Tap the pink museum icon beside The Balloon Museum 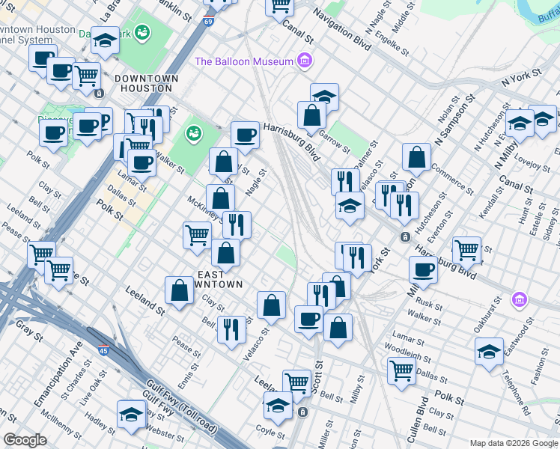(x=304, y=61)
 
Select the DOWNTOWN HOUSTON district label (x=147, y=83)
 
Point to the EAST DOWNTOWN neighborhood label (x=219, y=279)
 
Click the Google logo (x=25, y=440)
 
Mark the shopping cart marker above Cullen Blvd (x=402, y=370)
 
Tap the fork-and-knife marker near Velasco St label (x=231, y=329)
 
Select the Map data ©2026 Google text (x=513, y=443)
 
